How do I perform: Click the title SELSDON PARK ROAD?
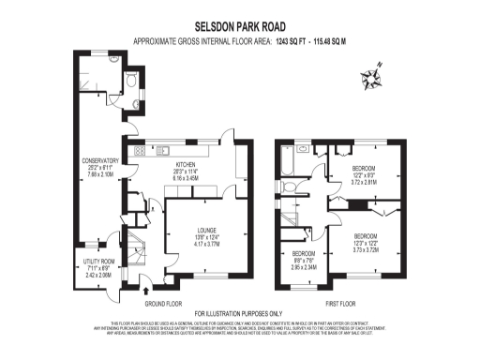[x=239, y=28]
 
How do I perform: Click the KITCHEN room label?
[x=185, y=164]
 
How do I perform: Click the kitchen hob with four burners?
[x=140, y=150]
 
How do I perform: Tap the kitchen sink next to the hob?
[x=163, y=149]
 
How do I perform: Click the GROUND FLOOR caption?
[x=162, y=304]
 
